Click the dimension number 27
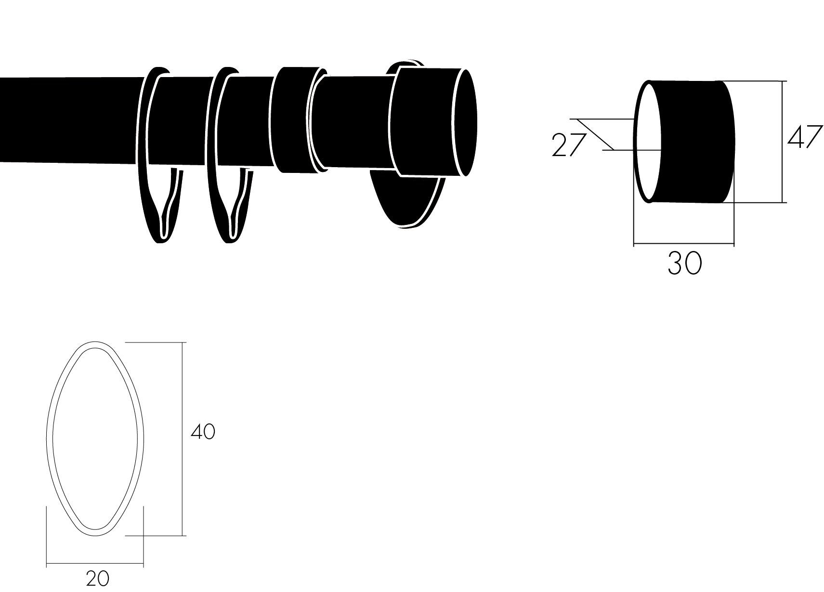pyautogui.click(x=568, y=145)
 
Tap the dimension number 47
pyautogui.click(x=805, y=136)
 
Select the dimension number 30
pyautogui.click(x=685, y=263)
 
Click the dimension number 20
pyautogui.click(x=97, y=579)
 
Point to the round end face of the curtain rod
pyautogui.click(x=465, y=122)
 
